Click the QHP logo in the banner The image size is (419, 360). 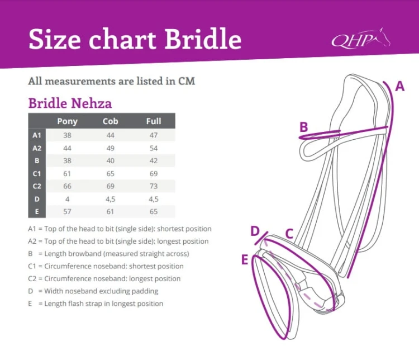361,39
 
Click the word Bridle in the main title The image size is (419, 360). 203,39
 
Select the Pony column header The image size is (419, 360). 68,121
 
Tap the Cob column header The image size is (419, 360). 111,121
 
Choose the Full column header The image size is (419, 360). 154,121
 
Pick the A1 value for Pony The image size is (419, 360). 68,135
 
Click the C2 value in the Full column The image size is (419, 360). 154,186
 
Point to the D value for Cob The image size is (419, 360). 111,199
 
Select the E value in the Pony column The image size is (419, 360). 68,211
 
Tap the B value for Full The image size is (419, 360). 154,161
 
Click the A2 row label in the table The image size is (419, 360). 37,148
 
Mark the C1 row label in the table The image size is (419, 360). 37,174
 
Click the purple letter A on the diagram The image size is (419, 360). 399,87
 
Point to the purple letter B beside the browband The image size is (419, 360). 304,127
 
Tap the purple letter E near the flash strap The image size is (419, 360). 245,259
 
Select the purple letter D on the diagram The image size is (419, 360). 255,231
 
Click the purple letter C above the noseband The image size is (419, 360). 289,234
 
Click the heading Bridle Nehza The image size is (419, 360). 70,103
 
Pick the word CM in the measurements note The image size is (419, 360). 187,81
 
